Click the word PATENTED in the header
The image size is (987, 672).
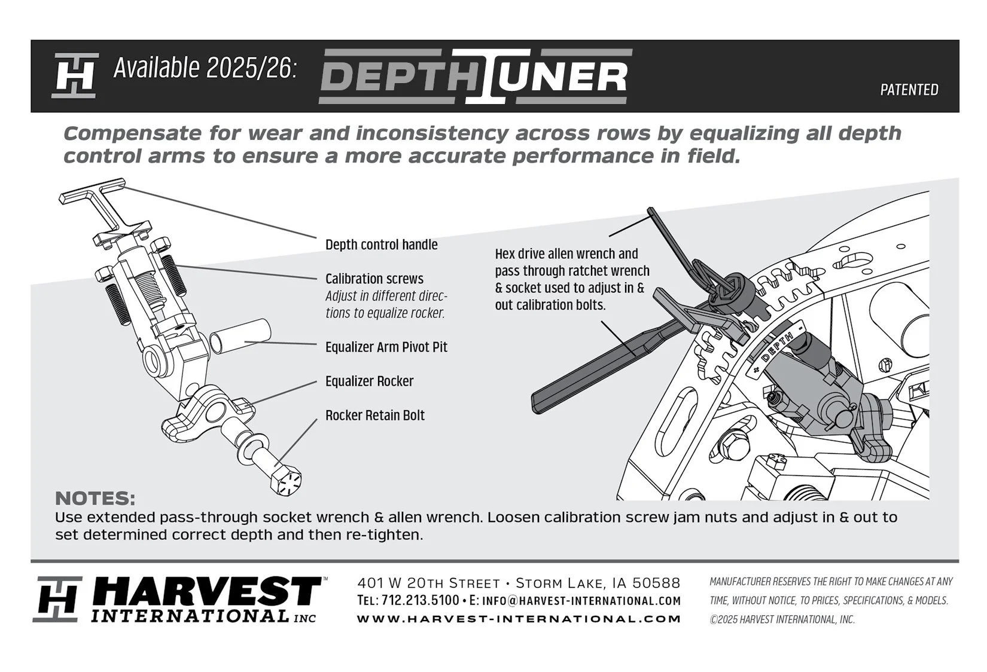(x=909, y=90)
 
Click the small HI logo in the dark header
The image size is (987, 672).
(x=75, y=76)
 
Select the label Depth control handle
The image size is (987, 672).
(x=381, y=245)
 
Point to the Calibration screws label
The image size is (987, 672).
(x=374, y=279)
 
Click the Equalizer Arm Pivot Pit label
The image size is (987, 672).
(x=386, y=347)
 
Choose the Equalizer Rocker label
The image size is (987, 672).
(x=369, y=381)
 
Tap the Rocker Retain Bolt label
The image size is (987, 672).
(x=374, y=416)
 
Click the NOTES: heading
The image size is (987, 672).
(x=95, y=499)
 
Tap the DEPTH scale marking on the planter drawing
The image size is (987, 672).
(x=778, y=349)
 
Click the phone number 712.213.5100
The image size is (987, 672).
(x=420, y=600)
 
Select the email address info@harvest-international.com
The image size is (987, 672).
(x=581, y=600)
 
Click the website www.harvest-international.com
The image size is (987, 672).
(x=519, y=619)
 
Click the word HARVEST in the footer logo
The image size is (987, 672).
(x=206, y=593)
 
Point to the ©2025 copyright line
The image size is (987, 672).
(x=782, y=620)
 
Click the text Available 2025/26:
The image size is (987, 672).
(x=205, y=69)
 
